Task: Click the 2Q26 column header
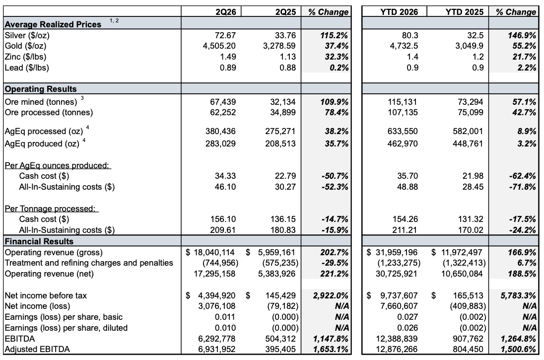click(x=225, y=12)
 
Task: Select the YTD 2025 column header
click(x=464, y=12)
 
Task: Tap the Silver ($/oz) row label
click(x=27, y=35)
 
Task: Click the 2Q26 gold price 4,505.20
click(x=219, y=46)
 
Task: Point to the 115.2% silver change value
click(x=336, y=35)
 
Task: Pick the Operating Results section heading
click(x=41, y=89)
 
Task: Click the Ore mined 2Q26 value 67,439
click(x=223, y=102)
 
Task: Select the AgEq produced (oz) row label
click(x=42, y=144)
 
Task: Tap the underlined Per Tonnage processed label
click(x=50, y=209)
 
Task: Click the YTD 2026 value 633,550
click(x=403, y=131)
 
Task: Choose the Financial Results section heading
click(x=39, y=241)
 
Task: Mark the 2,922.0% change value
click(x=330, y=296)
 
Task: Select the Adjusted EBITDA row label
click(x=37, y=349)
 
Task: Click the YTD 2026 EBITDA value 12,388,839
click(x=397, y=339)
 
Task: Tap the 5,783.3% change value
click(x=518, y=296)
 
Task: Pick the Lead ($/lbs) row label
click(x=27, y=68)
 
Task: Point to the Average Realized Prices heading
click(x=53, y=24)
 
